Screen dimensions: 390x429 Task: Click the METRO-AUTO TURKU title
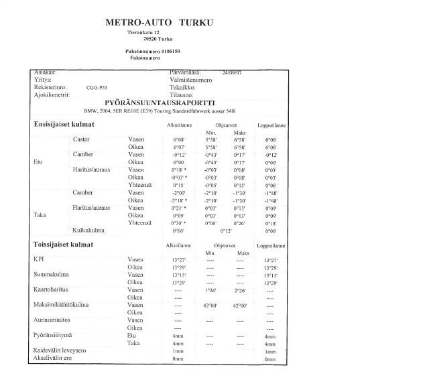coord(159,22)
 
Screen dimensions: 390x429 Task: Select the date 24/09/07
coord(231,72)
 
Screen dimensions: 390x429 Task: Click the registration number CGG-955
coord(97,87)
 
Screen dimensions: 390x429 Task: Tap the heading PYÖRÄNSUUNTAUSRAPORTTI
coord(160,103)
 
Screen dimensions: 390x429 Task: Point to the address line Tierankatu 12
coord(143,32)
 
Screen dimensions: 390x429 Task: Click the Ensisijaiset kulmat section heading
coord(64,125)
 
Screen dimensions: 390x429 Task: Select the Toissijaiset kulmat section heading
coord(64,245)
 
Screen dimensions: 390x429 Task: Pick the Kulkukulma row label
coord(88,230)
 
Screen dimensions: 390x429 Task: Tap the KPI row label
coord(39,259)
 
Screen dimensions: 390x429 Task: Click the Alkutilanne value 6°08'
coord(178,139)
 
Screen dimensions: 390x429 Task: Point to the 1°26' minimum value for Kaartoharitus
coord(210,290)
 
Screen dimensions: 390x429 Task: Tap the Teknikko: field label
coord(182,87)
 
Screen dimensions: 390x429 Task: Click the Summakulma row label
coord(51,275)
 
